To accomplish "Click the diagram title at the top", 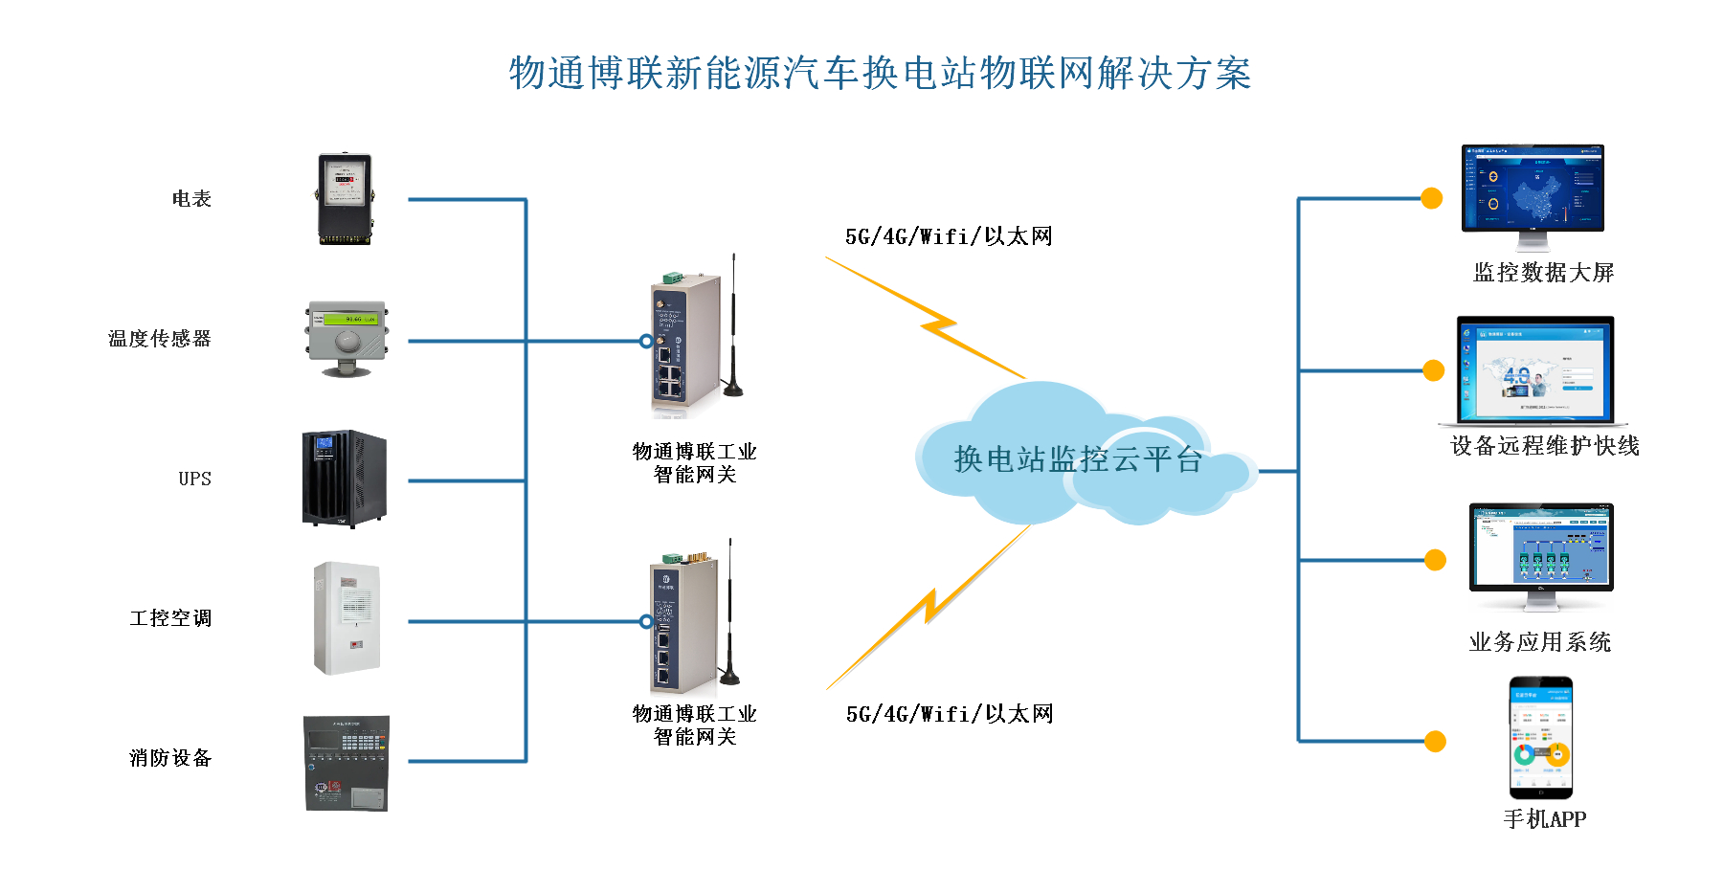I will (880, 74).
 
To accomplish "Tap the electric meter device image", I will (346, 200).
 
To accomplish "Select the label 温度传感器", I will (159, 339).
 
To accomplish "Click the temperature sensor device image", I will (346, 340).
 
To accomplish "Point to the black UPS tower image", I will (346, 480).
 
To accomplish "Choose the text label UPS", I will (194, 479).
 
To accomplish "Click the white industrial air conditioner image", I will (346, 621).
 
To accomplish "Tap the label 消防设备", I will (170, 758).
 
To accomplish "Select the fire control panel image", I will (346, 759).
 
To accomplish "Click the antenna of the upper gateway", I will (733, 325).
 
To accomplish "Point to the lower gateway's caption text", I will (695, 725).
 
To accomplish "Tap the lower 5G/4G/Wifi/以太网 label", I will (950, 714).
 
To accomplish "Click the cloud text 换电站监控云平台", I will (1078, 459).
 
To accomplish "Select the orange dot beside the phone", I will (1435, 742).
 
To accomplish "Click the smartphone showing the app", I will (1541, 738).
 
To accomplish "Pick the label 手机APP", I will (1544, 819).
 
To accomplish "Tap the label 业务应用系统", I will (1539, 642).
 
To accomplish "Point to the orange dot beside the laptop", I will (1434, 370).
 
